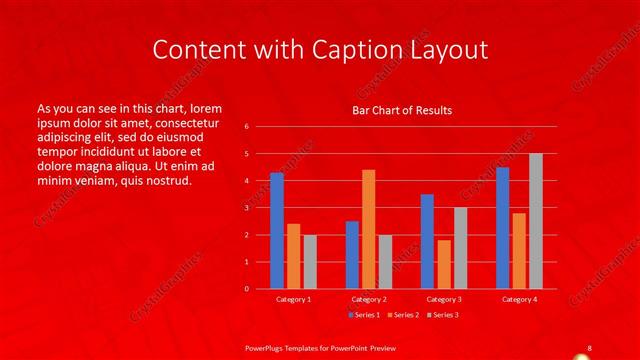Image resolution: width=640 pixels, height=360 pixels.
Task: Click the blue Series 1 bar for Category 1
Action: [277, 231]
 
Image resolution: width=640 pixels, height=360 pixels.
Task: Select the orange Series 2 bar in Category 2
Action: [368, 229]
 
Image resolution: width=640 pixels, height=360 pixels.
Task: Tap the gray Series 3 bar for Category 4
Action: [536, 221]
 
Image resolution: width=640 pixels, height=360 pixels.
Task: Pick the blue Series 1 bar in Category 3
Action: [427, 241]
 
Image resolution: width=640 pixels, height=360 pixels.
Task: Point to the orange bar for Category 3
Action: [444, 264]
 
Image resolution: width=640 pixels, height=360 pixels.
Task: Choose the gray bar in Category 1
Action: [310, 262]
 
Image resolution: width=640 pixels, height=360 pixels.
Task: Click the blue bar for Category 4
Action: [502, 228]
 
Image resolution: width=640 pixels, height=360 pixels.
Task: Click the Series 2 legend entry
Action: [403, 315]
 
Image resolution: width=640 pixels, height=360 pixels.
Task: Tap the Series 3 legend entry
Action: [444, 315]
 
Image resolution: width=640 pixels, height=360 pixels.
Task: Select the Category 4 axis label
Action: [518, 299]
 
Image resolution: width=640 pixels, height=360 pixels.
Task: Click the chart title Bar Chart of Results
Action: [402, 110]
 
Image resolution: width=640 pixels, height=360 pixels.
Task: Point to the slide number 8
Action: [589, 346]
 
